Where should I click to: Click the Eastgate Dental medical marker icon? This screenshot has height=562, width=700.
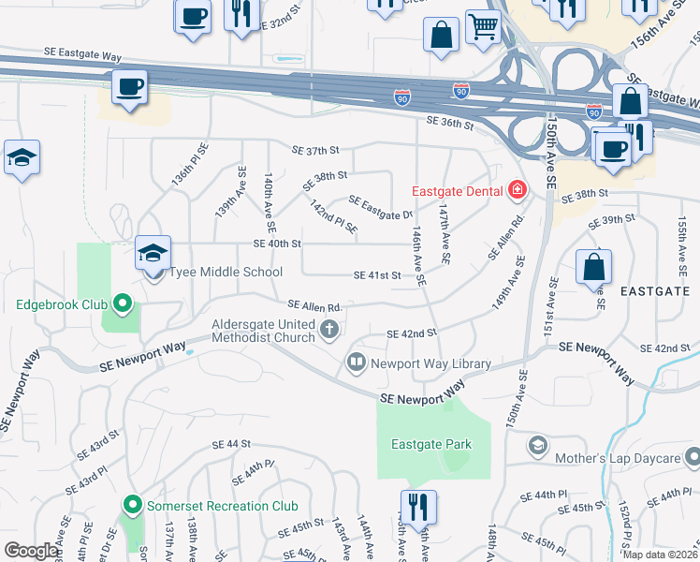[x=517, y=191]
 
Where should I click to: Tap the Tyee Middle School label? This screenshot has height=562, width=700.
[x=225, y=273]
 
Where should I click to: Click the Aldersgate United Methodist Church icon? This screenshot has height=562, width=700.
[x=328, y=329]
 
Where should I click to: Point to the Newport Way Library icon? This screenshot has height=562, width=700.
[x=357, y=362]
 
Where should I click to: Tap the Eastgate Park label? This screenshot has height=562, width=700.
[x=431, y=445]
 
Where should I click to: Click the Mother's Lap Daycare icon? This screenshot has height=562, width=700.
[x=538, y=444]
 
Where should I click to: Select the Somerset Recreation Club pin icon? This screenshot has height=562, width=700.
[x=133, y=506]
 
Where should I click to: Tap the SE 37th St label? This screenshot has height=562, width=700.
[x=314, y=150]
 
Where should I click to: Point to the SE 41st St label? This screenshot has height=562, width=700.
[x=377, y=275]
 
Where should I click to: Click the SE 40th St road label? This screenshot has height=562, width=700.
[x=277, y=244]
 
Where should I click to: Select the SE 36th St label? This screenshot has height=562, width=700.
[x=450, y=121]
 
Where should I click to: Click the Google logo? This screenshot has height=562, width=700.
[x=31, y=551]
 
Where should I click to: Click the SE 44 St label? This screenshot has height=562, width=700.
[x=232, y=444]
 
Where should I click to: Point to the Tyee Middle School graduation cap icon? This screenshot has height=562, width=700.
[x=153, y=252]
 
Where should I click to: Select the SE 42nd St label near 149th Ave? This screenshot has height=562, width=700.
[x=412, y=333]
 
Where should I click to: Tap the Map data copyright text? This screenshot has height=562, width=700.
[x=661, y=555]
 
